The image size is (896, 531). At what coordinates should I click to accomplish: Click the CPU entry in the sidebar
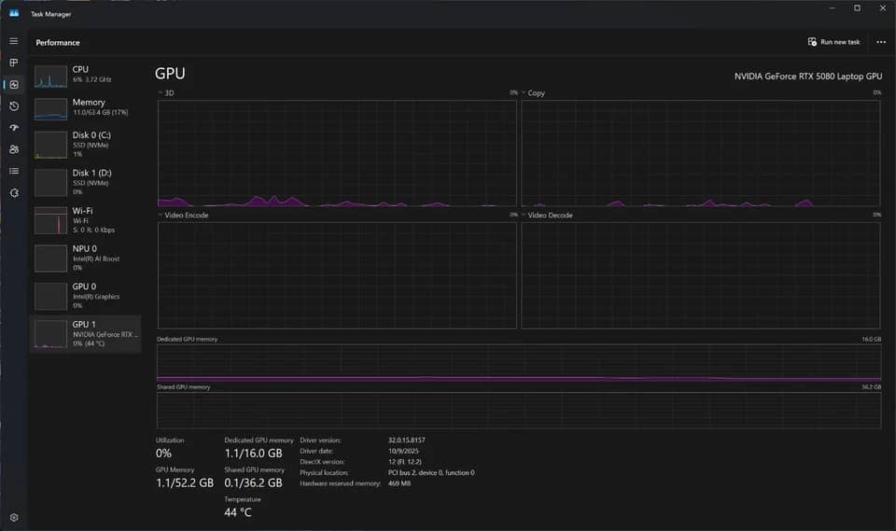click(x=86, y=76)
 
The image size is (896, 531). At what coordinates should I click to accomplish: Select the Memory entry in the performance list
click(x=86, y=108)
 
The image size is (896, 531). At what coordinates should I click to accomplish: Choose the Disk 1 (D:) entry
click(x=86, y=182)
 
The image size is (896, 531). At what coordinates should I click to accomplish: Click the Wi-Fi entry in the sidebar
click(x=86, y=220)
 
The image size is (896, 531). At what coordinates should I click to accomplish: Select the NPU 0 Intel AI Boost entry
click(x=86, y=258)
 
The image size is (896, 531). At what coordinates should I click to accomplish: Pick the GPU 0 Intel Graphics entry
click(x=86, y=296)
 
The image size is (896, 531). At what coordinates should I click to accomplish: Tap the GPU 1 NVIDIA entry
click(x=86, y=334)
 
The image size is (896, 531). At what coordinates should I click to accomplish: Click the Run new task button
click(x=833, y=42)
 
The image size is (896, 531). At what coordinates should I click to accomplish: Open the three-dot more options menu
click(x=881, y=42)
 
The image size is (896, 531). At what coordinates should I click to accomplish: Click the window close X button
click(x=882, y=8)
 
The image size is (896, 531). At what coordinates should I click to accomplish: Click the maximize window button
click(x=857, y=8)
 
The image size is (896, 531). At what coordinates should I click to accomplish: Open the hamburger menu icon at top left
click(x=14, y=41)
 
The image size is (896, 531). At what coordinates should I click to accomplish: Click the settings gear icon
click(x=14, y=517)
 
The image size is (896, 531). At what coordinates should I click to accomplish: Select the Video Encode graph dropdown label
click(x=184, y=215)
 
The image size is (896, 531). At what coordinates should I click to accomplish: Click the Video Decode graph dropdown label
click(x=547, y=215)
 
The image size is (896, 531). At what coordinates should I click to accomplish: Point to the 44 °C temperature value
click(x=238, y=512)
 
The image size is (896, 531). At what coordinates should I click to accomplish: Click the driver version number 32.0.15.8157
click(x=406, y=440)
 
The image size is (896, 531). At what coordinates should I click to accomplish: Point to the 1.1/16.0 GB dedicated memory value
click(x=253, y=454)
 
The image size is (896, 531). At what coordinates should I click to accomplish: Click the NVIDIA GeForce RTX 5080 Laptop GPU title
click(x=808, y=76)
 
